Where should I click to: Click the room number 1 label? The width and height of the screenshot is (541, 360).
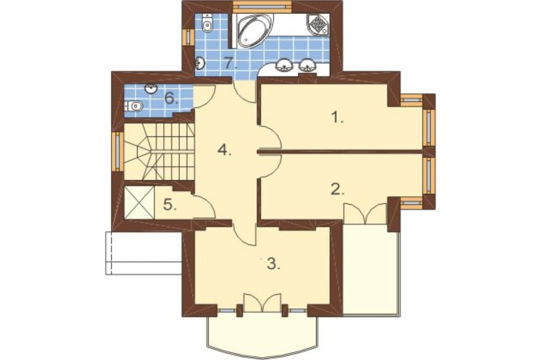pos(338,118)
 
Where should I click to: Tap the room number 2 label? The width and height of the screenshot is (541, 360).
pos(338,189)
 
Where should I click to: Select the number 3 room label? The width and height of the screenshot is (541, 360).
pos(274,264)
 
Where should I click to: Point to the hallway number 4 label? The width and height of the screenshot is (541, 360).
pos(225,150)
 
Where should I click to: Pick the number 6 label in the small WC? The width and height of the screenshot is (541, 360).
pos(171,98)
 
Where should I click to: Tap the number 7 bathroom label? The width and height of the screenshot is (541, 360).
pos(230,63)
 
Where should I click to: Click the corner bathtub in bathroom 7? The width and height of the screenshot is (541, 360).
pos(254,30)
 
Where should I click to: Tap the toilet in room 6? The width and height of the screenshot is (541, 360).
pos(134,105)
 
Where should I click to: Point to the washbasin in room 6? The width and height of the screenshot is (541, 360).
pos(151,89)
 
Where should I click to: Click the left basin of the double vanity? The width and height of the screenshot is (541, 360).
pos(285,65)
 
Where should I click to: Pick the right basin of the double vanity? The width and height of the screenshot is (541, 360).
pos(307,65)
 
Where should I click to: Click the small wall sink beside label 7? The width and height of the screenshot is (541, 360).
pos(200,63)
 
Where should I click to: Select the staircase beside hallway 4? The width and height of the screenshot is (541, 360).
pos(159,152)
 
